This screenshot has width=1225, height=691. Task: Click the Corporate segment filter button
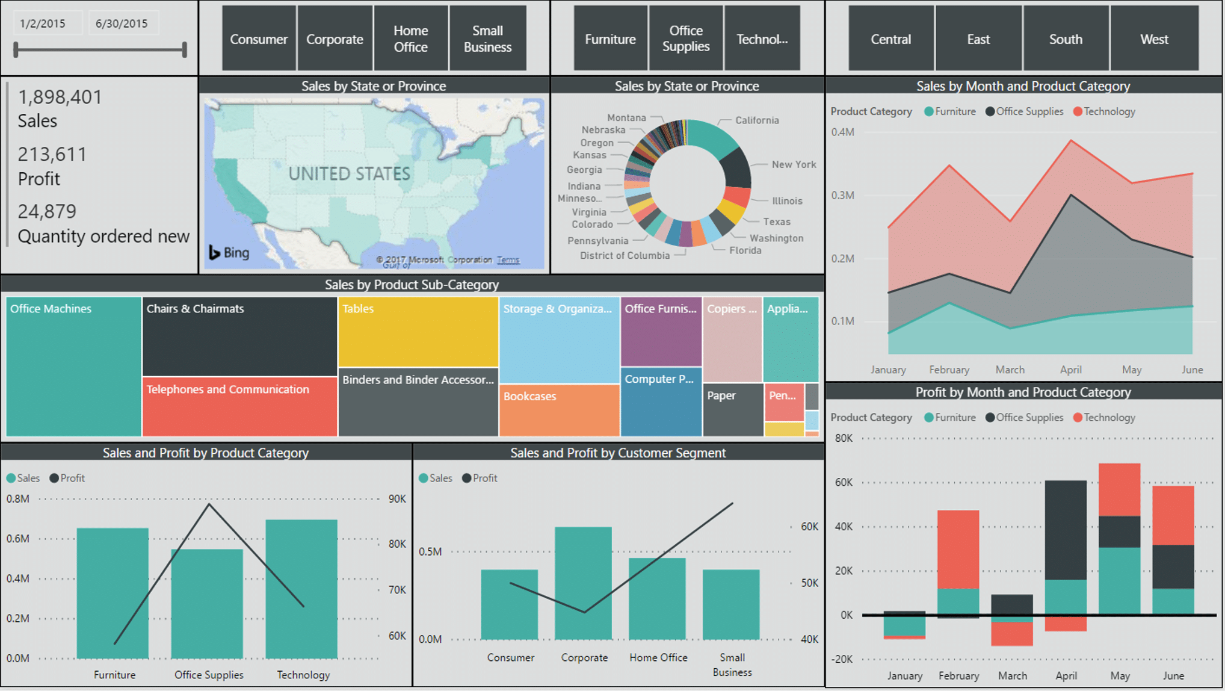(x=335, y=39)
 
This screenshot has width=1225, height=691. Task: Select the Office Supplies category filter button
(x=685, y=39)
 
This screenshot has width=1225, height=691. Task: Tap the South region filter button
(x=1065, y=39)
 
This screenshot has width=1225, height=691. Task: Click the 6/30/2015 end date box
(x=122, y=23)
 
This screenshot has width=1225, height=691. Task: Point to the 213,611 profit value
(x=52, y=155)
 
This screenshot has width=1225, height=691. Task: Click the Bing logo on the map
(x=229, y=253)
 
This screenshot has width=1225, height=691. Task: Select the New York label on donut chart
(x=793, y=164)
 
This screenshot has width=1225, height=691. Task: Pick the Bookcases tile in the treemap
(x=558, y=409)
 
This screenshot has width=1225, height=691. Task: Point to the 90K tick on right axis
(x=397, y=499)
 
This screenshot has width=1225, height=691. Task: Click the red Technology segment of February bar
(x=958, y=549)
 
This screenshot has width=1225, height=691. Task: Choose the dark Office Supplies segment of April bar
(x=1065, y=530)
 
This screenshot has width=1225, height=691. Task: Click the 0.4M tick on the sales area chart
(x=842, y=132)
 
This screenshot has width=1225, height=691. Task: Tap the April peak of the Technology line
(x=1071, y=141)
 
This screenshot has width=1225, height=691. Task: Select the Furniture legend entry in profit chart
(x=951, y=418)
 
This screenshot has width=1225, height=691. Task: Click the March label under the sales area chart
(x=1010, y=370)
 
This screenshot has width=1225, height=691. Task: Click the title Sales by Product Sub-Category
(x=412, y=285)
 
